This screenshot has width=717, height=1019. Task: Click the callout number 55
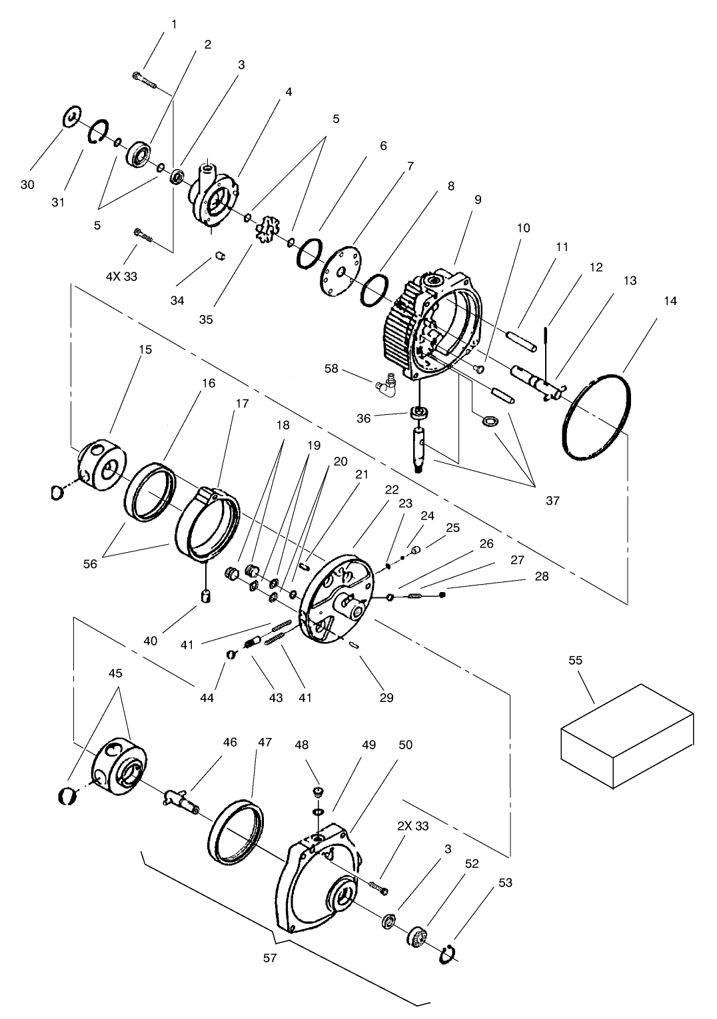point(575,660)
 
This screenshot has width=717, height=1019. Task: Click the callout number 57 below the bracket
point(270,958)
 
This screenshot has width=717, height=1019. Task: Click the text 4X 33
point(121,276)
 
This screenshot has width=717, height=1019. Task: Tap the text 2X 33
point(413,826)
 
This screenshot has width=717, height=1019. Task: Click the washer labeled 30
point(71,117)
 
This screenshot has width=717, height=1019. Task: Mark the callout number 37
point(552,501)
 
